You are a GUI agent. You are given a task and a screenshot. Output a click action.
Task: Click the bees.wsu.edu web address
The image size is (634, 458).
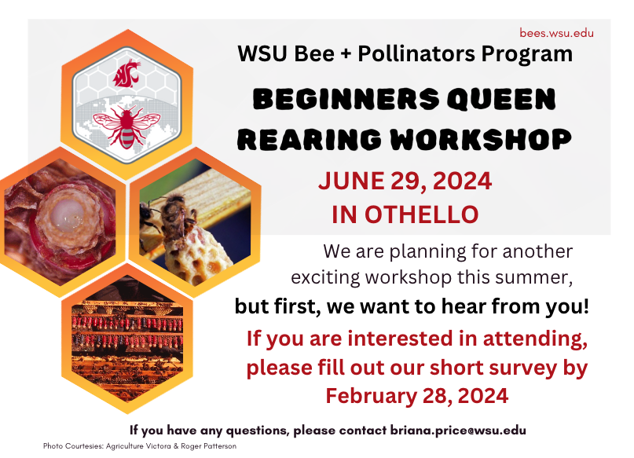[556, 33]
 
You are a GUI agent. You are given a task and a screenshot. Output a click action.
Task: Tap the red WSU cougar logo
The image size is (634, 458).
[126, 73]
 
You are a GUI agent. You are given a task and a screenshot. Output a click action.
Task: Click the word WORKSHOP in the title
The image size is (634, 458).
[481, 139]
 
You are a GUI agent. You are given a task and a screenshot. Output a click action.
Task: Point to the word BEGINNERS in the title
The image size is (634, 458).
[346, 99]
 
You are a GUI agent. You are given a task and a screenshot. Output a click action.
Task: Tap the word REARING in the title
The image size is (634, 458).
[310, 139]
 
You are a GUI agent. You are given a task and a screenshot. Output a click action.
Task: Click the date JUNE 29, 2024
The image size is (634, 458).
[405, 181]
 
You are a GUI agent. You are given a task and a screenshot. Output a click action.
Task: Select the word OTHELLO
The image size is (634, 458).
[422, 214]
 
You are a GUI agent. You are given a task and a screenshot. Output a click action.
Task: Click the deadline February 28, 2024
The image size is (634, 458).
[417, 395]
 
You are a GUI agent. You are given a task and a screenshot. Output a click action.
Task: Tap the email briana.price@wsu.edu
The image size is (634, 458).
[458, 430]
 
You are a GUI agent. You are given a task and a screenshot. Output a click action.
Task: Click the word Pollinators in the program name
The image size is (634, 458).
[416, 53]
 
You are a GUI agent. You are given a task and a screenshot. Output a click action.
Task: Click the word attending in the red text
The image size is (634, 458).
[535, 339]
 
